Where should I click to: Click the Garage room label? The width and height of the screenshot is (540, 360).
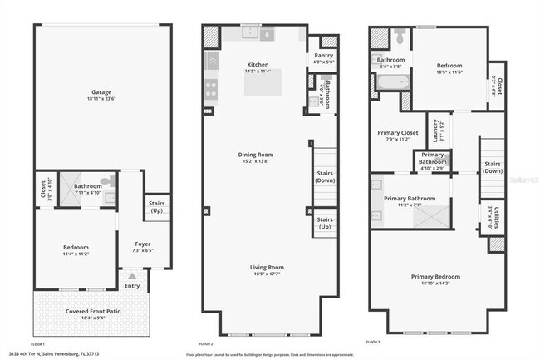click(x=101, y=92)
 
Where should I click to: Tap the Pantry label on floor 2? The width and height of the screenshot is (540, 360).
click(x=322, y=54)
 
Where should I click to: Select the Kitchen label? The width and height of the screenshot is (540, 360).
click(x=258, y=65)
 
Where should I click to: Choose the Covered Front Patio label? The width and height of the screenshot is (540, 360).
click(x=91, y=310)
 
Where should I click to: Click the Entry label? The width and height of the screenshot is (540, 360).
click(x=133, y=285)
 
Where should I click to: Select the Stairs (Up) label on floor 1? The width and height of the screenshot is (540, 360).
click(x=155, y=205)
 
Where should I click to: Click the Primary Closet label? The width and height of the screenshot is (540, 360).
click(x=398, y=132)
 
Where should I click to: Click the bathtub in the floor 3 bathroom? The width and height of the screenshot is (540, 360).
click(x=390, y=83)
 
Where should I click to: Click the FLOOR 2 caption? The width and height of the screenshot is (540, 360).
click(x=206, y=343)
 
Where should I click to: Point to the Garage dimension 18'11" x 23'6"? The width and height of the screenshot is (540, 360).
click(x=101, y=99)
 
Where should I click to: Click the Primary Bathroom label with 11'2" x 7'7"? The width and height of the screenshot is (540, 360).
click(x=410, y=198)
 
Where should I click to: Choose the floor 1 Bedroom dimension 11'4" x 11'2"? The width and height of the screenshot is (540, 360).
click(x=76, y=254)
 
